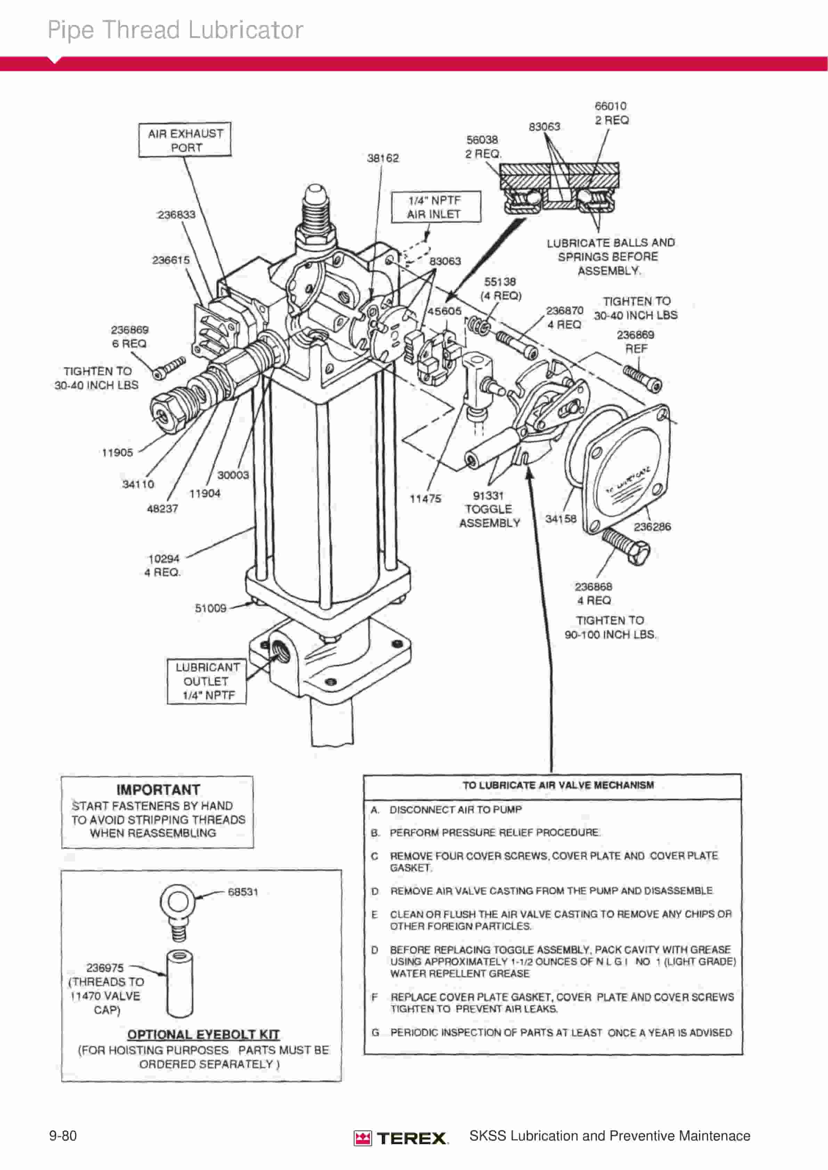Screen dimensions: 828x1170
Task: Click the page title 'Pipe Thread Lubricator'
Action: point(176,30)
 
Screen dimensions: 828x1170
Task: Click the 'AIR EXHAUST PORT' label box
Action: point(185,140)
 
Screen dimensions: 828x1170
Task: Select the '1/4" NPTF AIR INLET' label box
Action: point(436,207)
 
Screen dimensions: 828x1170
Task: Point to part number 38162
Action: point(383,158)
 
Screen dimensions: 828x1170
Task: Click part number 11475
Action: point(425,499)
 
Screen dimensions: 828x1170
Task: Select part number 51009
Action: point(211,608)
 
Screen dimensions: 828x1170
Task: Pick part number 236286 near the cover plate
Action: point(652,527)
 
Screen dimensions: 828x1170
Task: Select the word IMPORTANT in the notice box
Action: point(158,790)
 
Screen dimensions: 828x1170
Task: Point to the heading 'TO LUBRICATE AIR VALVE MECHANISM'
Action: point(558,785)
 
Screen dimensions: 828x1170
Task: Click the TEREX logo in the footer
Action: point(401,1138)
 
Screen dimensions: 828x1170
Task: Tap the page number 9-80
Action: point(63,1136)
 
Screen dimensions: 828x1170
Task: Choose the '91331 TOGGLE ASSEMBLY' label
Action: point(489,510)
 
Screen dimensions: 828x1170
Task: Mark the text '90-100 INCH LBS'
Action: point(611,635)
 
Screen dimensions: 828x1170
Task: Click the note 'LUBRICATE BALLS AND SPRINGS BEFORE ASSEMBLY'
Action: point(611,257)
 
